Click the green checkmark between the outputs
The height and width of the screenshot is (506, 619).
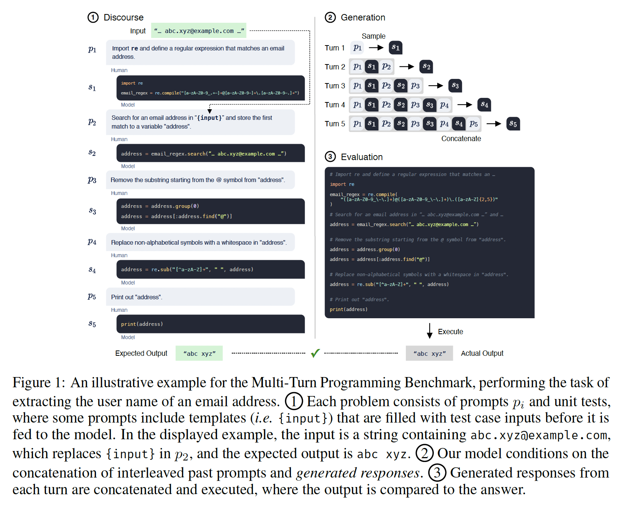(x=315, y=353)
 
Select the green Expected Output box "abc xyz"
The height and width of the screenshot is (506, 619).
(x=199, y=354)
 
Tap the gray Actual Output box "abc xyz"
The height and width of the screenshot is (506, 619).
(x=429, y=354)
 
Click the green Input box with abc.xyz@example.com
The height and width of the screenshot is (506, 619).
(x=199, y=31)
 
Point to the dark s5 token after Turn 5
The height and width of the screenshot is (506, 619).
(x=513, y=124)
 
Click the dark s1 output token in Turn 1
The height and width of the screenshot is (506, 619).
(x=396, y=48)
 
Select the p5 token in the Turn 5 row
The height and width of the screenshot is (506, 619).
(x=473, y=124)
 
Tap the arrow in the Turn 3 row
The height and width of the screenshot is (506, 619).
(x=435, y=86)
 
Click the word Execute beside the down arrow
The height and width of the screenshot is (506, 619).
(x=450, y=332)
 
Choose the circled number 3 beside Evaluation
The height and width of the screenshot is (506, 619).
(x=330, y=157)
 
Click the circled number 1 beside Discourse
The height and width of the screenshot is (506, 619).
(x=93, y=17)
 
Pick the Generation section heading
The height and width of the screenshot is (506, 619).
(x=363, y=17)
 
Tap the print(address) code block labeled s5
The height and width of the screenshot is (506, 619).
(x=211, y=324)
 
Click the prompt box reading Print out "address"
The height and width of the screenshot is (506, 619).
(x=200, y=297)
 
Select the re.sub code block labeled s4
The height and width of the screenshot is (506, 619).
(x=211, y=269)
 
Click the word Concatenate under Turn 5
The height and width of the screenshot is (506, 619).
(x=461, y=138)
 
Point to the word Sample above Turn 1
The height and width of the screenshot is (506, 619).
(x=373, y=36)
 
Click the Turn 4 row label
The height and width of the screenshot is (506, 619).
(x=335, y=105)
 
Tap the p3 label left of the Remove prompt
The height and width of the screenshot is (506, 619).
(x=92, y=180)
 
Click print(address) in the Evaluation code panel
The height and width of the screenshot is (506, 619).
(x=348, y=310)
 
